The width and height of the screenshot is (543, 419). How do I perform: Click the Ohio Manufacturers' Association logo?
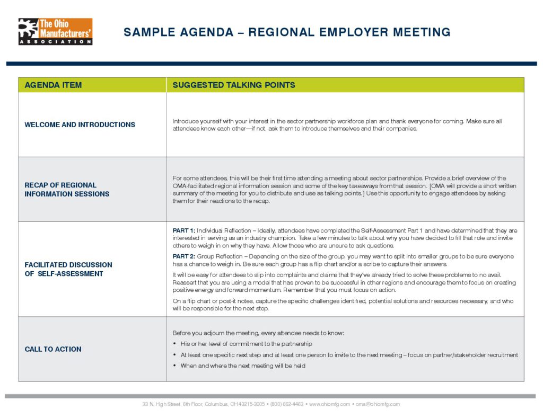point(55,32)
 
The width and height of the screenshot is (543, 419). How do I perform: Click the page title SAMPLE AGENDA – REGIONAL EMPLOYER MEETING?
point(287,32)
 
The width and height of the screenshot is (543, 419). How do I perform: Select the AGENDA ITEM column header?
point(53,85)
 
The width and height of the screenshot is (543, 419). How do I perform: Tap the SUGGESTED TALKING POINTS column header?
point(234,85)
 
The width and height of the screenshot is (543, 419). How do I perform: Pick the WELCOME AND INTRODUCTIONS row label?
point(80,125)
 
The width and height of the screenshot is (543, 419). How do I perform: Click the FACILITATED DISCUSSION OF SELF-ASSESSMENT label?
point(68,269)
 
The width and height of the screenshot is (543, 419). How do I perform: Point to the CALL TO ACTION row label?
point(53,349)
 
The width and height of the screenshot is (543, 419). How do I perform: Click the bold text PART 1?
point(184,230)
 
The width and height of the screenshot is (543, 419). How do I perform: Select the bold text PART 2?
point(184,256)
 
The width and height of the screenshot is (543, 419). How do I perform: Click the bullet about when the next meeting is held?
point(243,366)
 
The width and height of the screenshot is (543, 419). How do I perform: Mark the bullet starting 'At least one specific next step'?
point(349,355)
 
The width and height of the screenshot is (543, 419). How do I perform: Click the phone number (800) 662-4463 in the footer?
point(287,404)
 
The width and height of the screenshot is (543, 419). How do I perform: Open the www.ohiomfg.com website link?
point(329,404)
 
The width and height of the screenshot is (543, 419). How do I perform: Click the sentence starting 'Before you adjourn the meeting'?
point(258,333)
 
